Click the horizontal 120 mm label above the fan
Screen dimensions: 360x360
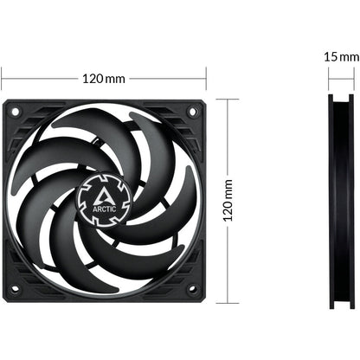pyautogui.click(x=103, y=79)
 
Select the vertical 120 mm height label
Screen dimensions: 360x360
pyautogui.click(x=228, y=201)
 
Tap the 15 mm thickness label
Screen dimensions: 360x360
pyautogui.click(x=340, y=55)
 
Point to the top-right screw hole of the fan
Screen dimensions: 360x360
pyautogui.click(x=192, y=112)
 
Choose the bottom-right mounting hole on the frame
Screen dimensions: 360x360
pyautogui.click(x=192, y=289)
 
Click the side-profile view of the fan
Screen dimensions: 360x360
pyautogui.click(x=340, y=201)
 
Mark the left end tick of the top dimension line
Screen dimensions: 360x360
pyautogui.click(x=2, y=79)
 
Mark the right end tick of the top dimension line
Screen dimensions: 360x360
pyautogui.click(x=207, y=79)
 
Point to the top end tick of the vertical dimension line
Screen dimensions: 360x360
pyautogui.click(x=228, y=98)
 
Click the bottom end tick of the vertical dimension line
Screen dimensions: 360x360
pyautogui.click(x=228, y=303)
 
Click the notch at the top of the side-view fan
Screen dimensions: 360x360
pyautogui.click(x=340, y=101)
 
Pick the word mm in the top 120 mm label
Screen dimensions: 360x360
pyautogui.click(x=115, y=79)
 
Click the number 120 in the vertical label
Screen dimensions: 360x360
pyautogui.click(x=228, y=211)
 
